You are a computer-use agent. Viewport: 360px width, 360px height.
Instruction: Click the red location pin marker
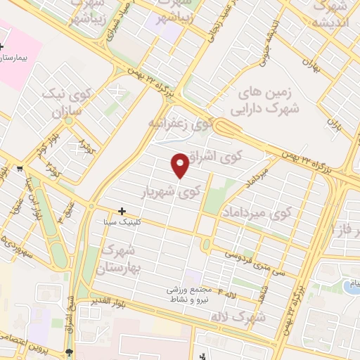(181, 165)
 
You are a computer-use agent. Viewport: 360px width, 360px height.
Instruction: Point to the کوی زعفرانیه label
(180, 124)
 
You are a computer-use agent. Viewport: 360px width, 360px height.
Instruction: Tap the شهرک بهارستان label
(122, 259)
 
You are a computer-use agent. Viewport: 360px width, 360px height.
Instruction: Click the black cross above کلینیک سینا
(122, 211)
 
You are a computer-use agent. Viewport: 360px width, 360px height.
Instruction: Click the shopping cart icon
(20, 168)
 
